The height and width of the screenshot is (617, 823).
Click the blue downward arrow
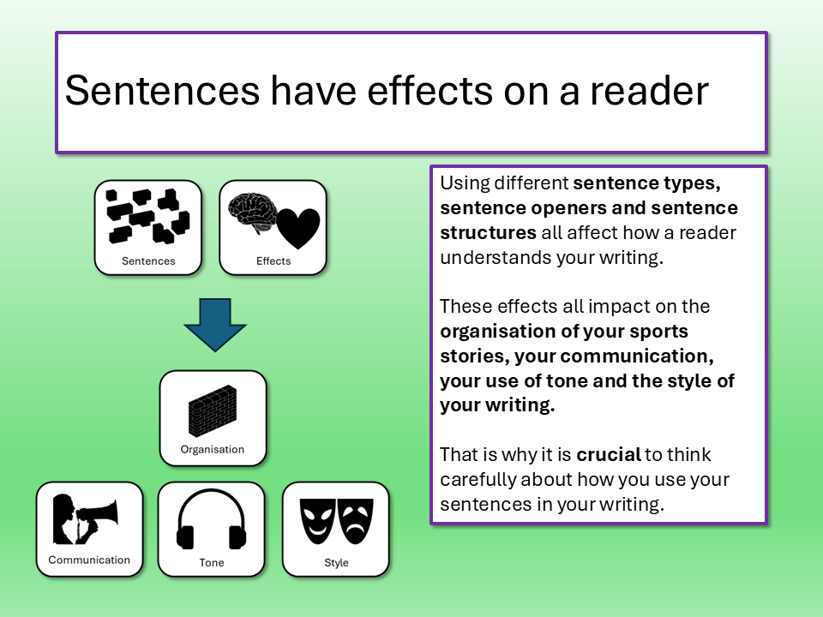coord(215,324)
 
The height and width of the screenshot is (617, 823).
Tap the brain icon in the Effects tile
coord(252,213)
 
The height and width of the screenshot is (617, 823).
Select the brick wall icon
coord(213,411)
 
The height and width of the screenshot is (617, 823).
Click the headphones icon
coord(212,519)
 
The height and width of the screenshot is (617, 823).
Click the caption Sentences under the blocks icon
coord(148,261)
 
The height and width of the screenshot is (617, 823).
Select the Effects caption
coord(273,261)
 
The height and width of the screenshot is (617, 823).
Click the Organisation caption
coord(213,449)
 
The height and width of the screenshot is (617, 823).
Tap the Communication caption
coord(89,560)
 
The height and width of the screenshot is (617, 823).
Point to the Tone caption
coord(212,562)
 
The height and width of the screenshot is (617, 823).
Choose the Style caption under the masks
coord(336,562)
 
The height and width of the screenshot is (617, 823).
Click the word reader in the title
coord(649,90)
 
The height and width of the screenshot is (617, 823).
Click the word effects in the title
coord(430,90)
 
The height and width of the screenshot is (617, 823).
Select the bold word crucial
coord(609,454)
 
